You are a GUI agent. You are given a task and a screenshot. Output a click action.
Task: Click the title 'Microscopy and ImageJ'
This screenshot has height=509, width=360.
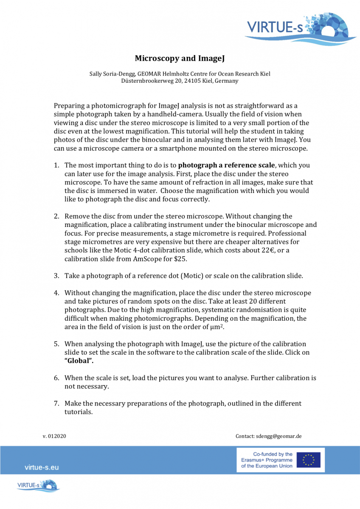(x=180, y=58)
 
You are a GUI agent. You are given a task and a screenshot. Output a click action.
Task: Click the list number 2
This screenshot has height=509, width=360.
(x=56, y=216)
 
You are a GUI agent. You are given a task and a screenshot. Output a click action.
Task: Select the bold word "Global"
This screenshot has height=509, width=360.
(x=79, y=361)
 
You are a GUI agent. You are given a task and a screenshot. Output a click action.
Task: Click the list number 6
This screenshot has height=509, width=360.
(x=56, y=378)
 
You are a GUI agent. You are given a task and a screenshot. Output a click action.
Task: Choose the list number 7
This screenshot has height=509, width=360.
(x=56, y=403)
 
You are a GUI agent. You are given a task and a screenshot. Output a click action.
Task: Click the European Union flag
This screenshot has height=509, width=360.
(x=309, y=460)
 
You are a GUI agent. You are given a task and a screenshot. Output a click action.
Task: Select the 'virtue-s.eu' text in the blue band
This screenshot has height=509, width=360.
(x=42, y=467)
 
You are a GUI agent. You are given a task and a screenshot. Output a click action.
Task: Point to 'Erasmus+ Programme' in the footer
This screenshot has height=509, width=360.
(x=267, y=460)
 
